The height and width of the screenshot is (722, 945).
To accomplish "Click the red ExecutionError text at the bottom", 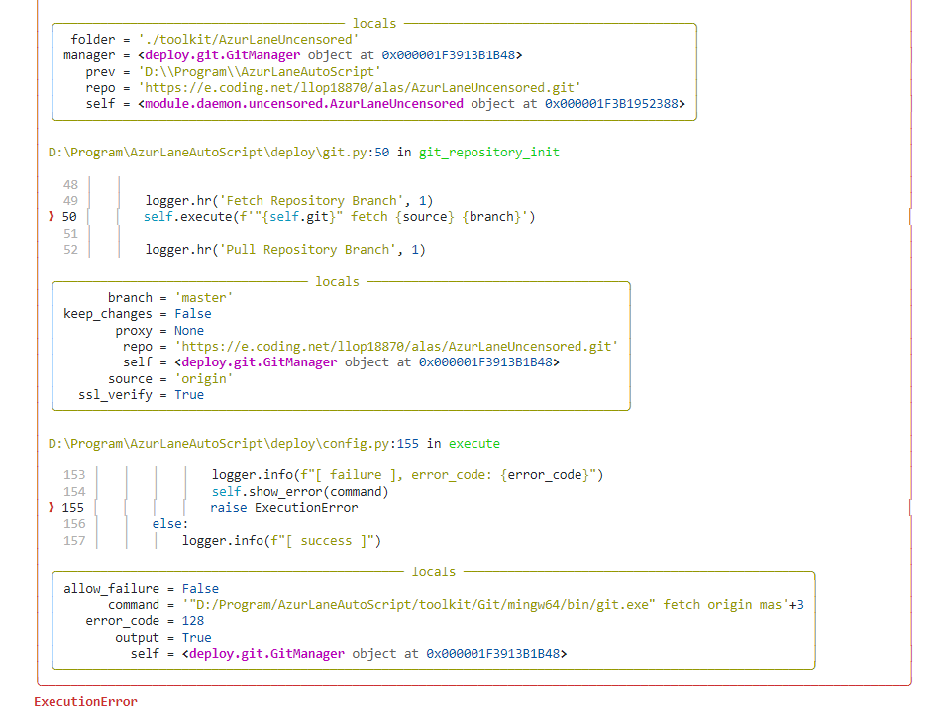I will (85, 702).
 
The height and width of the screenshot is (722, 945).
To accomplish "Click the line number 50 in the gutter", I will (69, 217).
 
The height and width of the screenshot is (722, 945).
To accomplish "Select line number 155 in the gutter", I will (73, 508).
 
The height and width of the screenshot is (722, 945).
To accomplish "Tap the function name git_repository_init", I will (488, 153).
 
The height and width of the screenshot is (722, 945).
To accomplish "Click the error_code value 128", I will (193, 621).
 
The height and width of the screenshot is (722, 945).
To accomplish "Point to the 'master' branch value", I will (204, 298).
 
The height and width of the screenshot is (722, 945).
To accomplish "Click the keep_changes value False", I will (193, 314).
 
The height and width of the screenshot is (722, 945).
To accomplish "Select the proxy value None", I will (189, 331).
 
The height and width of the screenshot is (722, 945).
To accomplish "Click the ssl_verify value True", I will (189, 395).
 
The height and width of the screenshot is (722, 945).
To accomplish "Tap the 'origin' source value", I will (204, 379).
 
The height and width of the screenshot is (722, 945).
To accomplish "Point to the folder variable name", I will (93, 40).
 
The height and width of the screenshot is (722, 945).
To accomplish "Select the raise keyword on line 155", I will (229, 508).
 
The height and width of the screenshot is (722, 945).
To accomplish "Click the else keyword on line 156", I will (169, 524).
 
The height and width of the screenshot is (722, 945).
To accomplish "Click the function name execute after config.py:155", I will (474, 444).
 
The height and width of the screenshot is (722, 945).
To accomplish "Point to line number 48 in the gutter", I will (69, 185).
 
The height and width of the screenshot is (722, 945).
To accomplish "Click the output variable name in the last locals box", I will (137, 638).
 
